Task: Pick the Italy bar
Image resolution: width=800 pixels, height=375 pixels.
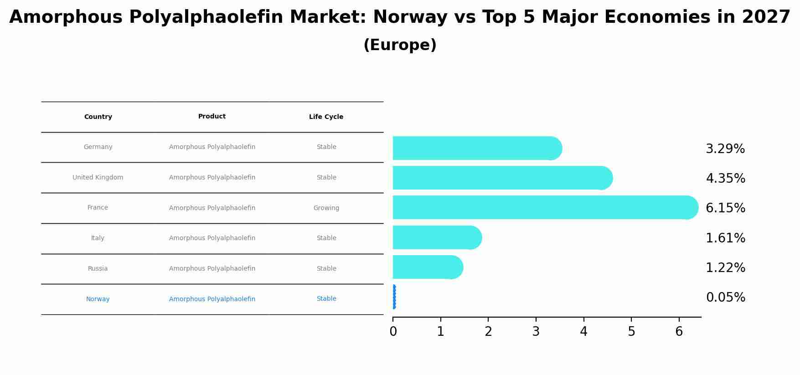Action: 435,237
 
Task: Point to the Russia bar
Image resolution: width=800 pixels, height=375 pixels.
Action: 426,267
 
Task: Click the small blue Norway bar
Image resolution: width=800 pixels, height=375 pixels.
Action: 394,297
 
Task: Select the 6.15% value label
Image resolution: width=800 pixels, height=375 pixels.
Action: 725,208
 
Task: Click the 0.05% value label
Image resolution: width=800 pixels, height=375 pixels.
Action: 725,298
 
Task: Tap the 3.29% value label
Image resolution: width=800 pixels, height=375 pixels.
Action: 725,149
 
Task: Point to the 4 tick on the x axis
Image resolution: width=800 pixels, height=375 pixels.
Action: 583,332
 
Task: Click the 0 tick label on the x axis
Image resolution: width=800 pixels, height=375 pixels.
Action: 393,332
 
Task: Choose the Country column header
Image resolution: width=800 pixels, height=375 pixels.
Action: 98,117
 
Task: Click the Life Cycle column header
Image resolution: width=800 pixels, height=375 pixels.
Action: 326,117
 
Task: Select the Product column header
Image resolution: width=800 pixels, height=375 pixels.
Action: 212,117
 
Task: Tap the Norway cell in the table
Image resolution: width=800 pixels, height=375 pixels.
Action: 98,299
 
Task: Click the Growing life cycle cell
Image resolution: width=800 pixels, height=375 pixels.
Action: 326,208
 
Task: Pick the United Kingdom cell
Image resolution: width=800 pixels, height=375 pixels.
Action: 98,178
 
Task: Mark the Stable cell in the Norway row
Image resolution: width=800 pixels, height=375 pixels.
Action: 326,299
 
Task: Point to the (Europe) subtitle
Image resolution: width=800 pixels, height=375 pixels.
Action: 400,45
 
